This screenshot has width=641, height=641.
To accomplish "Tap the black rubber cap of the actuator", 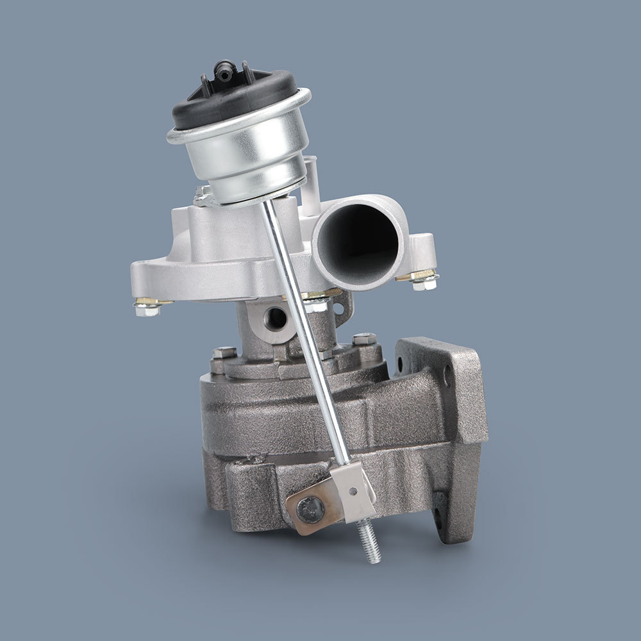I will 234,103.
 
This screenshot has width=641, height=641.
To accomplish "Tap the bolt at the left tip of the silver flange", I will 147,307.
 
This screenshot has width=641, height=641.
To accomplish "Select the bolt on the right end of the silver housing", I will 423,279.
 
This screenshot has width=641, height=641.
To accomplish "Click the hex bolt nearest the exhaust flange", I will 363,340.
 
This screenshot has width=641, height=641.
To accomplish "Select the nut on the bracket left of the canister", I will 203,193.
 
